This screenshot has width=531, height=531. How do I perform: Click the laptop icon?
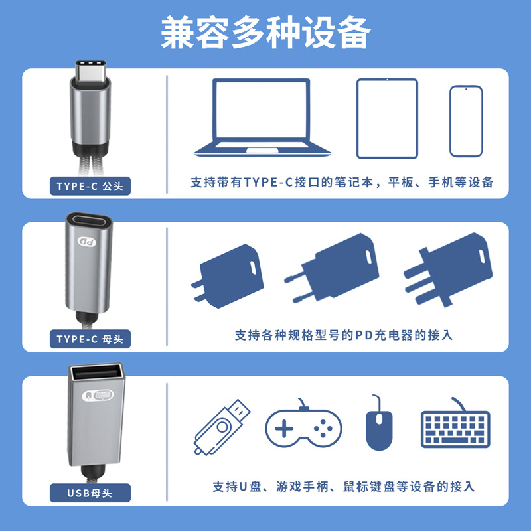pos(261,116)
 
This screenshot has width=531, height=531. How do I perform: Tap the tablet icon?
pos(387,118)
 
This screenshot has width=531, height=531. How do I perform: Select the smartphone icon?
pos(466,121)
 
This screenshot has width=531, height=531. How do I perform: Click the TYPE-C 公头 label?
pos(90,186)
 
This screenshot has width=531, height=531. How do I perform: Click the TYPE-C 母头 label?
pos(90,339)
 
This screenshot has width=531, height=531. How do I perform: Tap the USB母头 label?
pos(90,493)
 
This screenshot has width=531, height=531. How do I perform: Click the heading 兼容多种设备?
pos(265,33)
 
